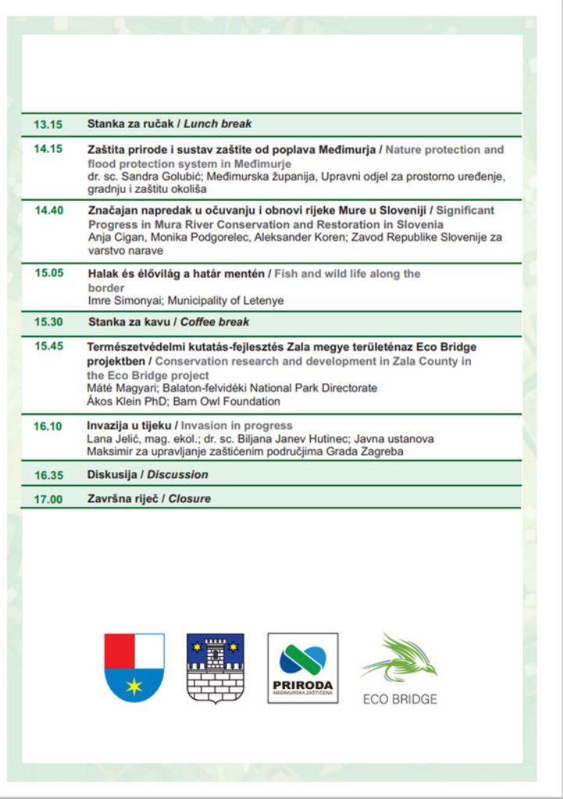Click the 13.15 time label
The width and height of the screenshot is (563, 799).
pyautogui.click(x=48, y=124)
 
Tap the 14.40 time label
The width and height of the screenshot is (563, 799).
pyautogui.click(x=49, y=211)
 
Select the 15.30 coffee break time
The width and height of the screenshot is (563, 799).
pyautogui.click(x=49, y=321)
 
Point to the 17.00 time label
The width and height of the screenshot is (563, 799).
pyautogui.click(x=48, y=499)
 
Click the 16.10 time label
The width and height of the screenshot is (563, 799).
pyautogui.click(x=48, y=426)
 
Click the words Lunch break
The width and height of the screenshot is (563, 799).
pyautogui.click(x=217, y=124)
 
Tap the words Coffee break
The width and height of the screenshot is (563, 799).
pyautogui.click(x=216, y=321)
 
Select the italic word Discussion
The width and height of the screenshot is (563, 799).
pyautogui.click(x=178, y=474)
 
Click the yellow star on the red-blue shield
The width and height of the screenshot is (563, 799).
pyautogui.click(x=134, y=687)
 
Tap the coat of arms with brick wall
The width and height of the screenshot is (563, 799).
pyautogui.click(x=215, y=667)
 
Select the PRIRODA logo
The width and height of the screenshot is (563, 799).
pyautogui.click(x=303, y=668)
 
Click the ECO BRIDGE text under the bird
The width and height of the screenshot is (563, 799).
pyautogui.click(x=399, y=699)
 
